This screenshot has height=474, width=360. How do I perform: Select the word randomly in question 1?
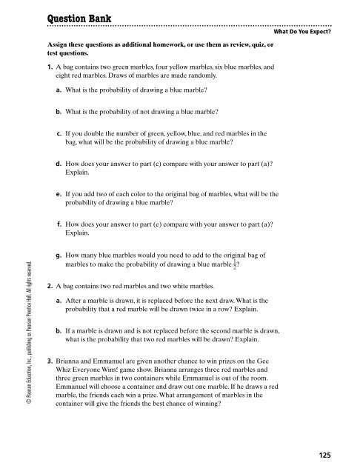coord(198,76)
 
